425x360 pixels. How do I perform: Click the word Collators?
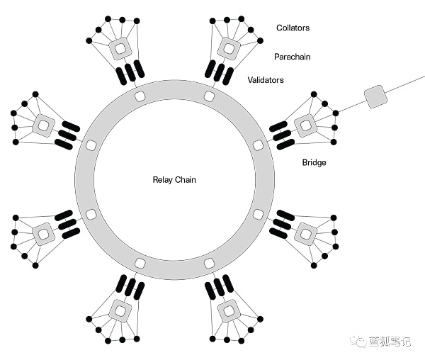(x=293, y=28)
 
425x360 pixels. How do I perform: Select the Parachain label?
(x=293, y=55)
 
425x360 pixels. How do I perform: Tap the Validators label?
(x=265, y=80)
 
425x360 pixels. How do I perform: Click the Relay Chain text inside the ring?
(x=174, y=180)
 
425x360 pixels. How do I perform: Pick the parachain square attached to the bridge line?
(x=305, y=125)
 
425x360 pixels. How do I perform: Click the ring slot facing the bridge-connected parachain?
(x=258, y=145)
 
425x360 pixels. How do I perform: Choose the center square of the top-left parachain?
(x=119, y=48)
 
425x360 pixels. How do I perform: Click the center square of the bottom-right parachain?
(x=229, y=311)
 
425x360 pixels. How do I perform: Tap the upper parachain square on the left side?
(x=42, y=125)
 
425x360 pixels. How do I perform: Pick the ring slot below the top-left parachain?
(x=140, y=96)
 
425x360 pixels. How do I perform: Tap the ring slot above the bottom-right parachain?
(x=209, y=264)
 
